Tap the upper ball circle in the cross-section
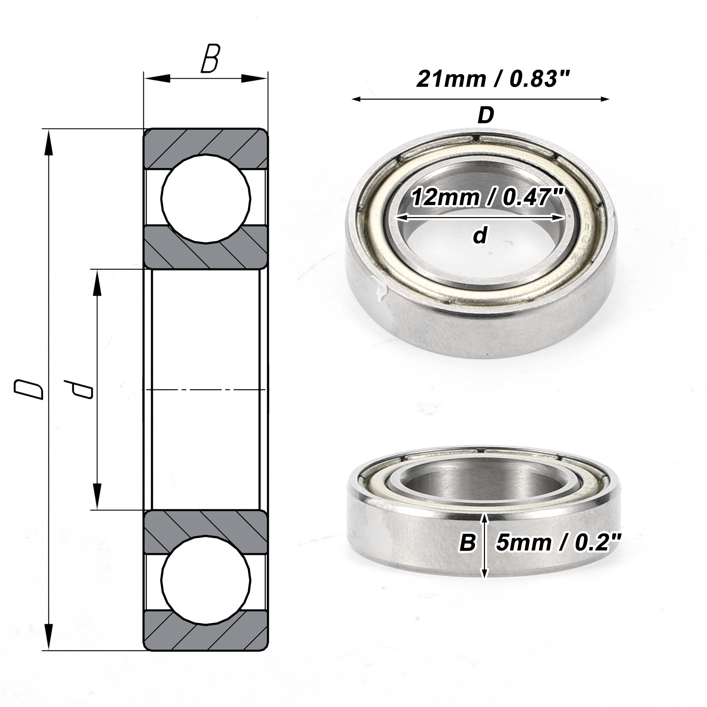(x=206, y=199)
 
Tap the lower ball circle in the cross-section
(x=206, y=580)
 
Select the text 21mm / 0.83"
(x=493, y=79)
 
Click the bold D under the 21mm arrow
(x=486, y=115)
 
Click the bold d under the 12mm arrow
(x=480, y=235)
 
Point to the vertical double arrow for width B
(x=485, y=545)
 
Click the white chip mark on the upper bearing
(x=381, y=291)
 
